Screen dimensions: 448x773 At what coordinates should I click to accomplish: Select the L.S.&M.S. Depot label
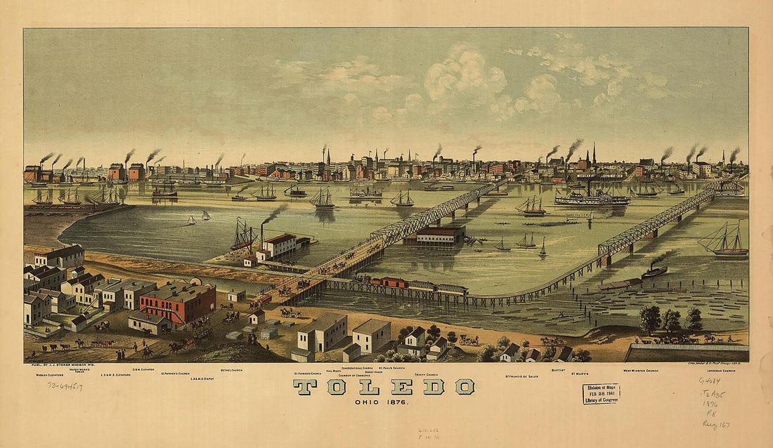[x=202, y=378]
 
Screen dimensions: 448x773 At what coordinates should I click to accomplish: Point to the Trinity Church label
[x=426, y=375]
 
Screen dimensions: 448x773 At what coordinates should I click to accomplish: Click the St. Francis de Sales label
[x=523, y=376]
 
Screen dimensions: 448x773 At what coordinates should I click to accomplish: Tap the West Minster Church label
[x=640, y=369]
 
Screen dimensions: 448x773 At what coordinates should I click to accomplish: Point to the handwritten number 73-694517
[x=65, y=386]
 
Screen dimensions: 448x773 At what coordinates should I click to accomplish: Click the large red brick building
[x=177, y=302]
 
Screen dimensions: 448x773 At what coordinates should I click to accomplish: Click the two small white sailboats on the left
[x=198, y=218]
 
